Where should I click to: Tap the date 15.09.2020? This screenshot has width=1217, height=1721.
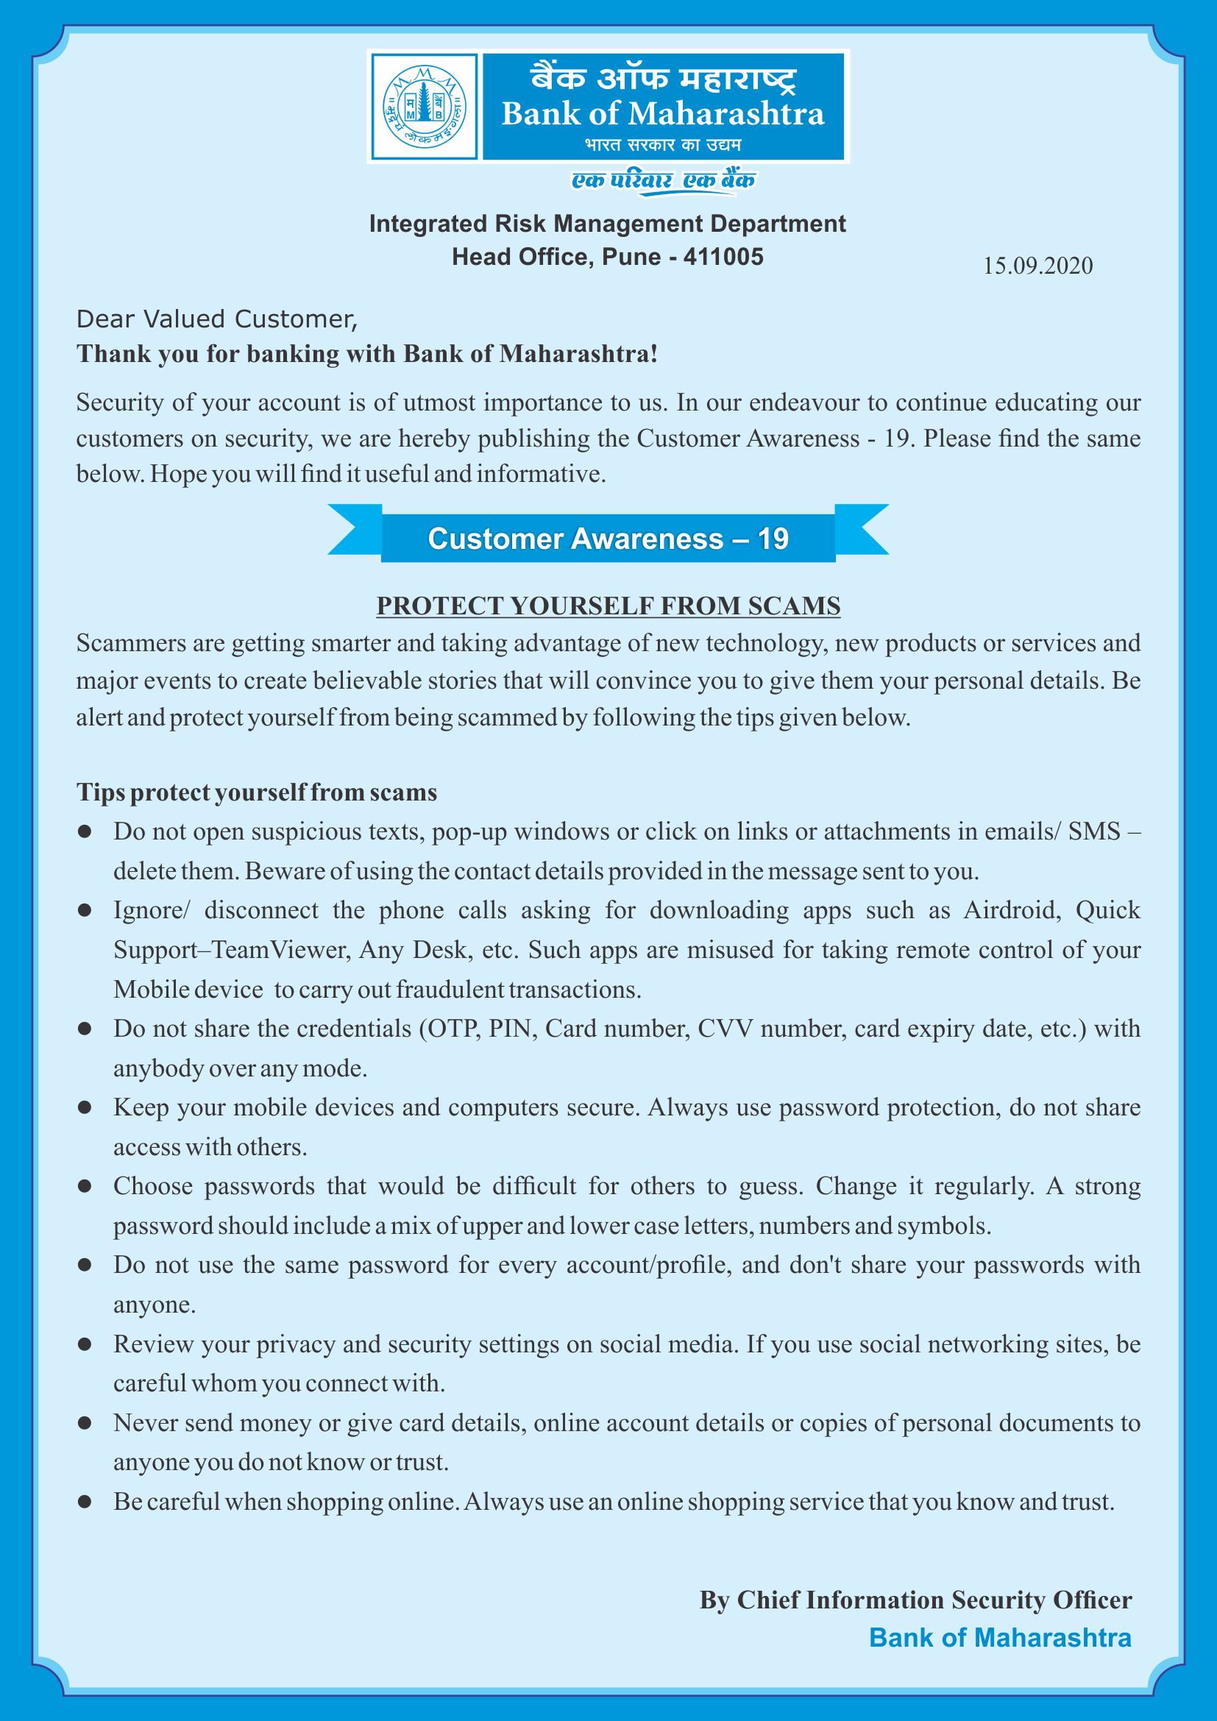click(x=1038, y=266)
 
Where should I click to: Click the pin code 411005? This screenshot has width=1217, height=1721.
click(x=723, y=257)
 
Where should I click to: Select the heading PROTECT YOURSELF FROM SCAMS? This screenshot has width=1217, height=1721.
click(x=608, y=606)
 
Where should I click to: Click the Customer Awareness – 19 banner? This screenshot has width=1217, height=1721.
click(x=608, y=539)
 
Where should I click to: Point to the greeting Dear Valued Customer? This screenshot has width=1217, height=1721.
click(x=217, y=319)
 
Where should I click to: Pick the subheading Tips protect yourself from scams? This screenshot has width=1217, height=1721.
click(x=256, y=792)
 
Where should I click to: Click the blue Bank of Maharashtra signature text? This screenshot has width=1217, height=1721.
click(x=1000, y=1638)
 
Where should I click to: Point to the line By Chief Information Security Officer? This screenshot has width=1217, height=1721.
click(x=915, y=1600)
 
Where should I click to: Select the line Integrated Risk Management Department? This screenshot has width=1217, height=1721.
click(x=608, y=224)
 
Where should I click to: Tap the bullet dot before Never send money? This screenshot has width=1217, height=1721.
click(x=85, y=1424)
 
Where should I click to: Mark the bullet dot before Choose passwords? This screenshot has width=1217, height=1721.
click(x=85, y=1187)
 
